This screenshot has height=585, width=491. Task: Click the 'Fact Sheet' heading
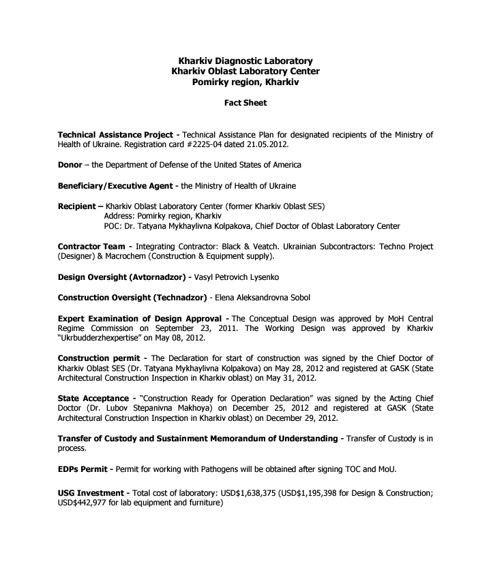(245, 104)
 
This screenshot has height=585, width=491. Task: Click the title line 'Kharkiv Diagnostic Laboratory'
(245, 61)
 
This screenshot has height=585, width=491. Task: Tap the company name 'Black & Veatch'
(279, 246)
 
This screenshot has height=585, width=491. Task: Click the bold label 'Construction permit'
(99, 358)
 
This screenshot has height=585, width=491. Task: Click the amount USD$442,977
(88, 503)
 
